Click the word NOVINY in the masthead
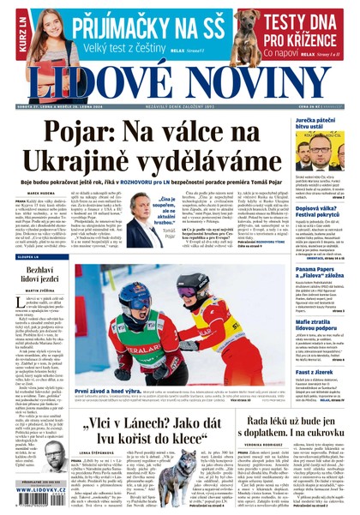point(257,81)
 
